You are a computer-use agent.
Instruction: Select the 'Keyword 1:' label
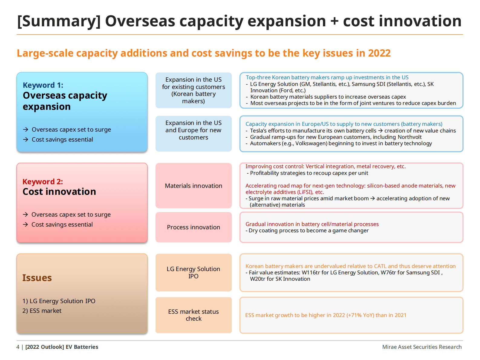click(x=43, y=85)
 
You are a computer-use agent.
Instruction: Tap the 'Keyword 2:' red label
click(x=43, y=182)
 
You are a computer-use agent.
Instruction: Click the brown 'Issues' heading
click(x=37, y=278)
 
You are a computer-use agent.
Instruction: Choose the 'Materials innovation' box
click(x=194, y=186)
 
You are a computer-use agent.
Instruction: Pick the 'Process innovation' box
click(x=194, y=227)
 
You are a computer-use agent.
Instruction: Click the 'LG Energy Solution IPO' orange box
click(x=194, y=273)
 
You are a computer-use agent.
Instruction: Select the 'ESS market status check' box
click(x=194, y=315)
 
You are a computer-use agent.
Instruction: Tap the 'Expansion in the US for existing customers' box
click(x=194, y=90)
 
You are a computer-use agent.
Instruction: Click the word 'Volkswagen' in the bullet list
click(x=311, y=143)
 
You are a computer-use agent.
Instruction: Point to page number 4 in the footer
click(x=18, y=347)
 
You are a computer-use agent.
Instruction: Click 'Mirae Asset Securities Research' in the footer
click(x=422, y=347)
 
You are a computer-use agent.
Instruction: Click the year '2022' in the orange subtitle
click(x=379, y=53)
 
